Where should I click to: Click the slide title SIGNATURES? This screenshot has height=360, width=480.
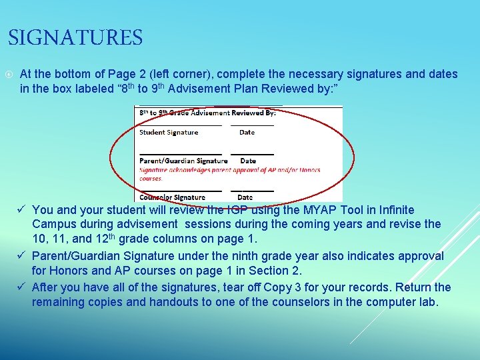tap(75, 38)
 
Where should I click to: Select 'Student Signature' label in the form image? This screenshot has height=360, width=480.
tap(169, 133)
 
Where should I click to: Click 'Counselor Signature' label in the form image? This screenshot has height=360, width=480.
tap(172, 197)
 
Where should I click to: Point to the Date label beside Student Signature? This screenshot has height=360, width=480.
tap(247, 133)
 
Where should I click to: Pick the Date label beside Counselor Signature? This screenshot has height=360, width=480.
tap(245, 197)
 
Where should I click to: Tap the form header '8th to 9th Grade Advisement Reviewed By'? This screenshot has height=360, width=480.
tap(207, 113)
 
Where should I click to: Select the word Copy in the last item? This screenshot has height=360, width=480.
tap(278, 287)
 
